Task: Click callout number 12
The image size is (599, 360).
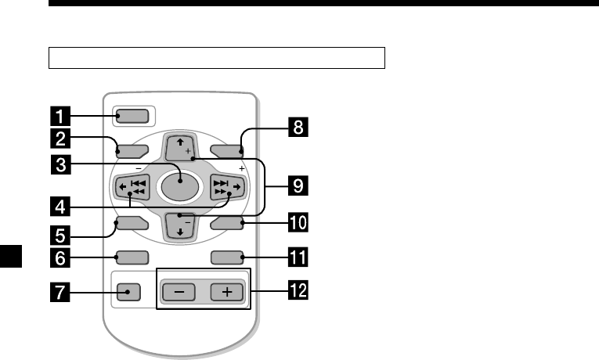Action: (296, 293)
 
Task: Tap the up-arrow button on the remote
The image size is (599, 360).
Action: (179, 147)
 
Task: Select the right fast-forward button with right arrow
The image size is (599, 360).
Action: (228, 189)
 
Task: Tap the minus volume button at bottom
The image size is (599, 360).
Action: (180, 293)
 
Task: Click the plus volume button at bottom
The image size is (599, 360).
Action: (226, 293)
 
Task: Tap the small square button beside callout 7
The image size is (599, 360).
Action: (131, 293)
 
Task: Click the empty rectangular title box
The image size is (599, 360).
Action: (216, 58)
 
